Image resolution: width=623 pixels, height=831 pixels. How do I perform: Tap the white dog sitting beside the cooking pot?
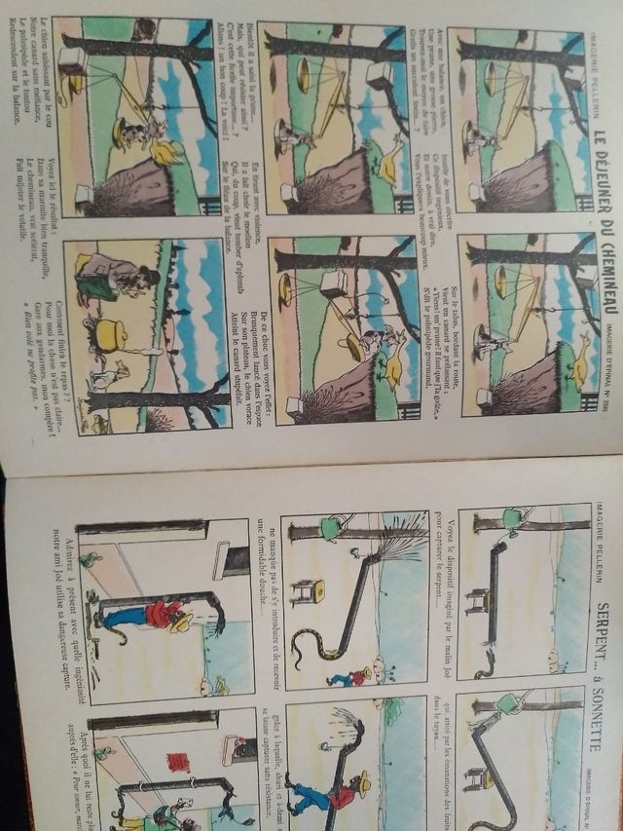click(x=107, y=374)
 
